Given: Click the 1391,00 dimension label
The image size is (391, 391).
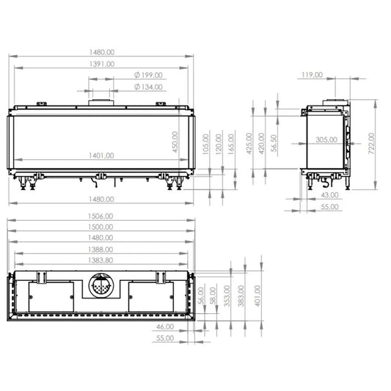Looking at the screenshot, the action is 102,64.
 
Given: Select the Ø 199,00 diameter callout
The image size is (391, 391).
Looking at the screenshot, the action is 148,75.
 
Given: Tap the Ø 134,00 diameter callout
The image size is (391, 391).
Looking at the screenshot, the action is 148,87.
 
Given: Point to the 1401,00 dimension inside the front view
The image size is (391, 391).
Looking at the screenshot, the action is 101,156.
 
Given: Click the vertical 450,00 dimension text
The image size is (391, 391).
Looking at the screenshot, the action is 175,142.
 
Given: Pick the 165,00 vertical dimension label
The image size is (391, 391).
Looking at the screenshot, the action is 231,144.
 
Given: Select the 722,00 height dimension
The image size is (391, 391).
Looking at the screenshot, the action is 371,143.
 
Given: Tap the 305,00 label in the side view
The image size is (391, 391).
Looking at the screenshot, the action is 326,139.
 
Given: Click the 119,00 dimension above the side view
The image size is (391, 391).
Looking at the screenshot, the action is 313,75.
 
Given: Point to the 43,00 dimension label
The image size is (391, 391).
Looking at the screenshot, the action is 329,195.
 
